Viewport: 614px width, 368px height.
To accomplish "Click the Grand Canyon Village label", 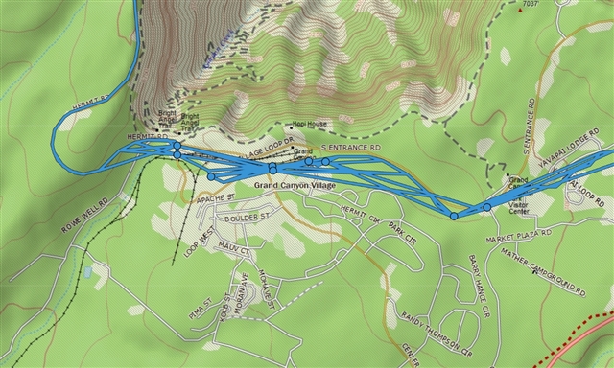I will [x=295, y=183].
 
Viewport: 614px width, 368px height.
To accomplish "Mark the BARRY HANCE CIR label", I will [x=479, y=285].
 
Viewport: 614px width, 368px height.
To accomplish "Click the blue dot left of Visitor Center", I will [x=486, y=207].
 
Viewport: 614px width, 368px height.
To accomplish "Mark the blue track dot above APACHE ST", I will [x=211, y=176].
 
